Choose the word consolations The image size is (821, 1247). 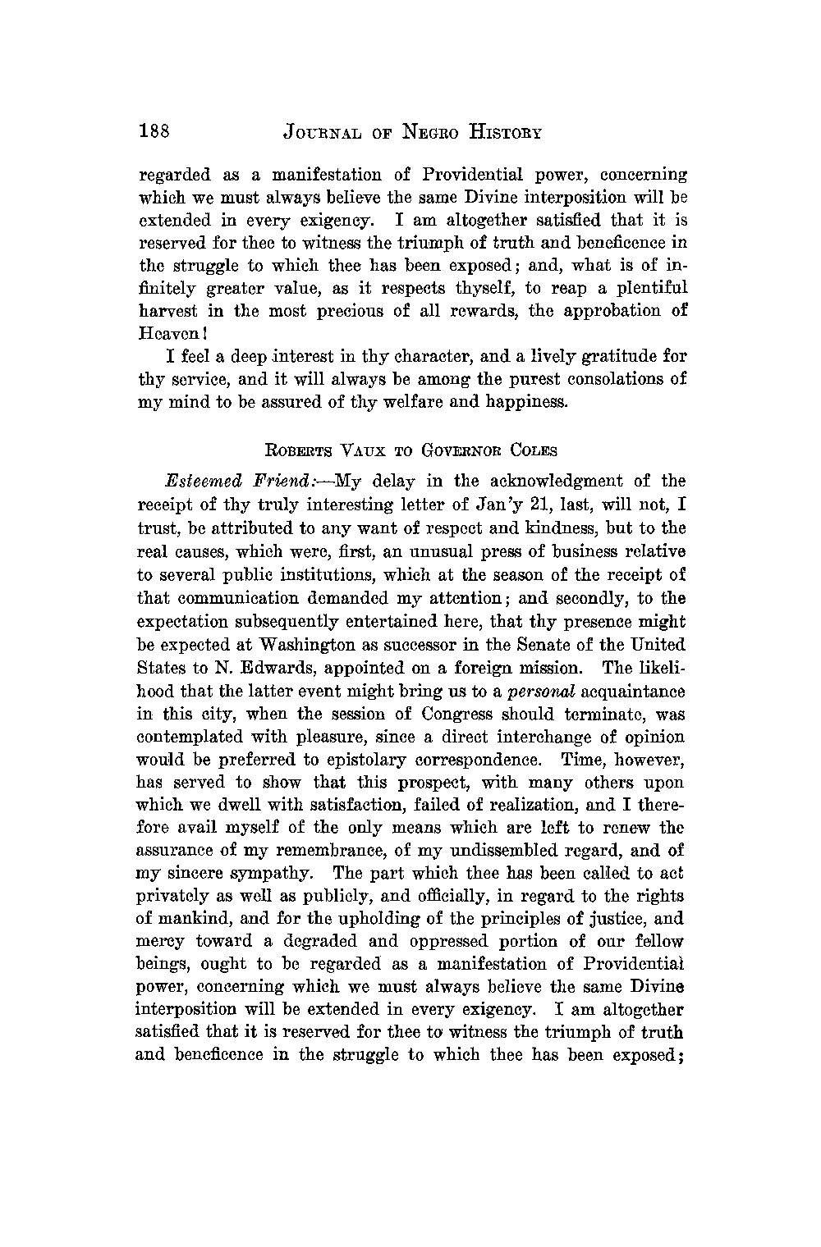pyautogui.click(x=612, y=380)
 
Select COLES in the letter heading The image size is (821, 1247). pyautogui.click(x=532, y=450)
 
